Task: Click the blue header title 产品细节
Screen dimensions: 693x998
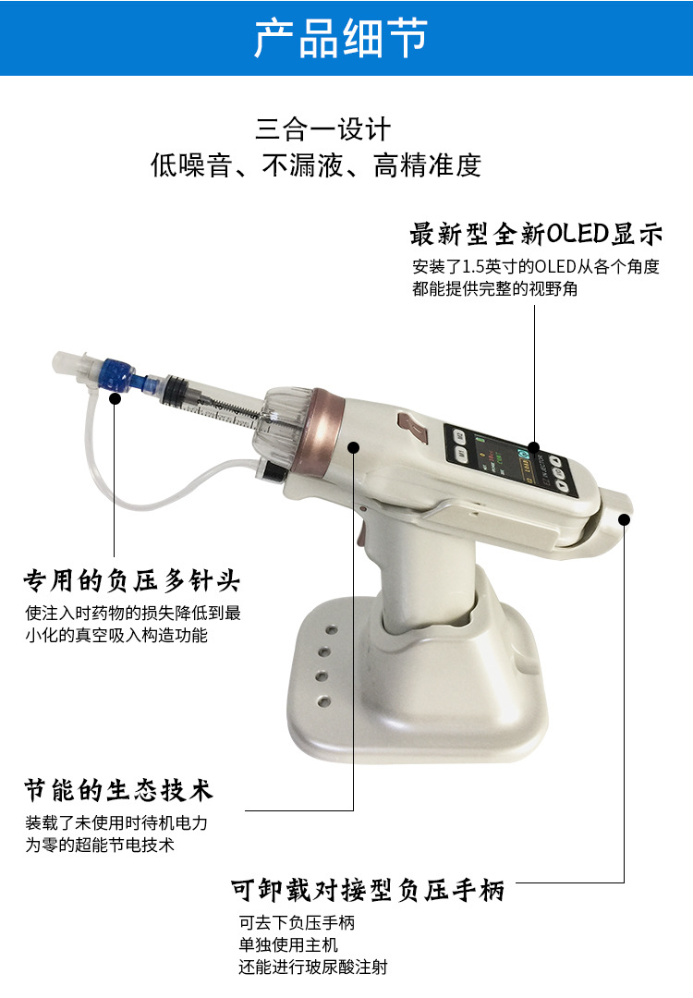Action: tap(341, 38)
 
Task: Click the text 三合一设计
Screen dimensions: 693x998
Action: tap(322, 129)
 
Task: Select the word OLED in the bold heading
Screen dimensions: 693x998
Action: tap(577, 234)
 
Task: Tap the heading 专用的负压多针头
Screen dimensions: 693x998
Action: tap(132, 580)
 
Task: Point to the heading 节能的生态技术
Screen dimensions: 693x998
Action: tap(119, 790)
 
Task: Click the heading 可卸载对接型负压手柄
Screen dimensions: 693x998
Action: tap(368, 890)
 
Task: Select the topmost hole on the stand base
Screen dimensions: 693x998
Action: tap(332, 630)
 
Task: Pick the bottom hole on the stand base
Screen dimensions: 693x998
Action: tap(324, 701)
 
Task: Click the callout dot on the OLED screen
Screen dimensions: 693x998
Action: tap(534, 447)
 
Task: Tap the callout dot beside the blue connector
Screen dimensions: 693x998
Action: tap(115, 398)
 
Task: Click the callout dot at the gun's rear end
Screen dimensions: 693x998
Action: tap(625, 520)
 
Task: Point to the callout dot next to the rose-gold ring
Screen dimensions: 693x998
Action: tap(354, 447)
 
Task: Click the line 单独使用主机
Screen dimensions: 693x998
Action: tap(288, 944)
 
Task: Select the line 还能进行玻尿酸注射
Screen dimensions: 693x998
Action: tap(313, 967)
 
